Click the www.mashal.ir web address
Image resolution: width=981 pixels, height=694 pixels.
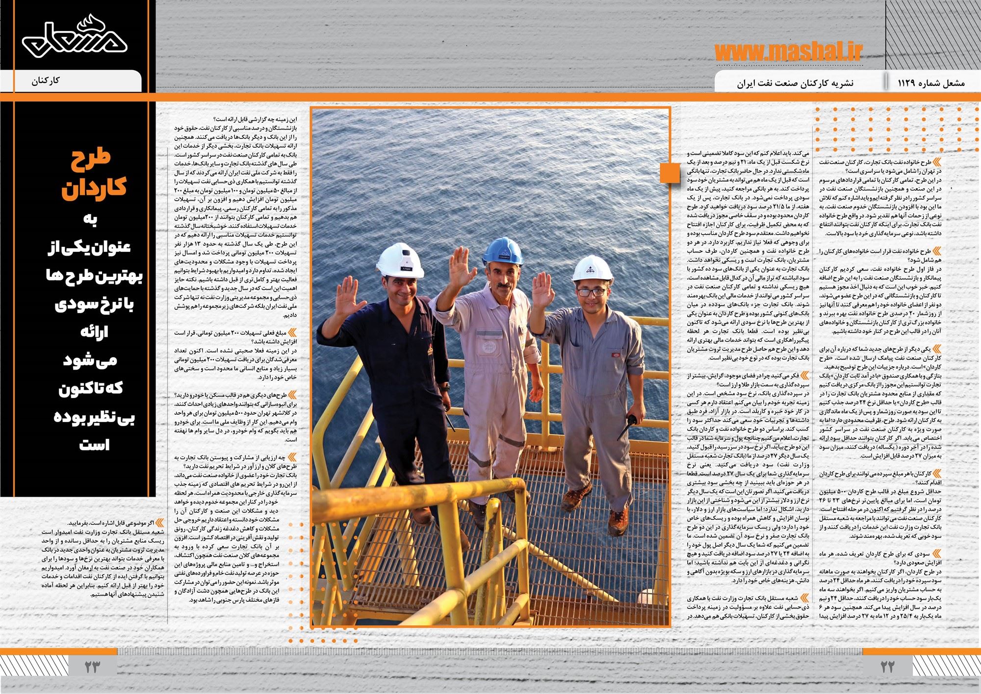click(x=788, y=51)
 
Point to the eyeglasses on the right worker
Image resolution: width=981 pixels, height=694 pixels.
click(x=591, y=292)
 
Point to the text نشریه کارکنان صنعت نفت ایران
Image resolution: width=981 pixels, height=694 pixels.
click(x=795, y=83)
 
